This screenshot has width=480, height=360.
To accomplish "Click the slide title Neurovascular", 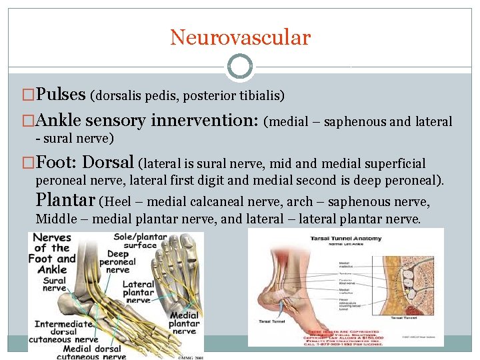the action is pos(240,37).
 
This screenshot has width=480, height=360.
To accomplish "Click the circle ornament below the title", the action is pos(240,67).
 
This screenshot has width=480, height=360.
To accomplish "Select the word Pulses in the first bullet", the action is pos(61,95).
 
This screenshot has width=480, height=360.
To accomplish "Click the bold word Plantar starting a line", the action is pos(65,199).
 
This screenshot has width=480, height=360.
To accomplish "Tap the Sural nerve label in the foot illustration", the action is pos(55,284).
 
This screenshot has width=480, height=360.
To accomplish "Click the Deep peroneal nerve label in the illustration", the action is pos(117,262).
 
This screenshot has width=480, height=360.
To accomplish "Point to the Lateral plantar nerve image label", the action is pos(138,292).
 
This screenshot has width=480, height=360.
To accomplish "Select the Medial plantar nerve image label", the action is pos(184,323).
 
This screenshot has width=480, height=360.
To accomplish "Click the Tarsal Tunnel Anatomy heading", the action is pos(345,238).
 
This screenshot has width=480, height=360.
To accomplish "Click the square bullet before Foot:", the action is pos(28,163).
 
